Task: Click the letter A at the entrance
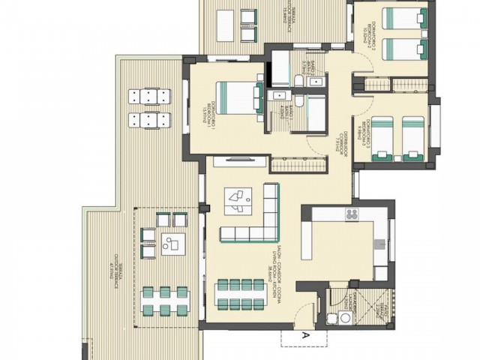[x=306, y=336]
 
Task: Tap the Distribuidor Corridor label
[x=340, y=139]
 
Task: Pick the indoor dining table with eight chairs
[x=242, y=294]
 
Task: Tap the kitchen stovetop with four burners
[x=352, y=215]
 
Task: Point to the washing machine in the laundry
[x=346, y=318]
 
